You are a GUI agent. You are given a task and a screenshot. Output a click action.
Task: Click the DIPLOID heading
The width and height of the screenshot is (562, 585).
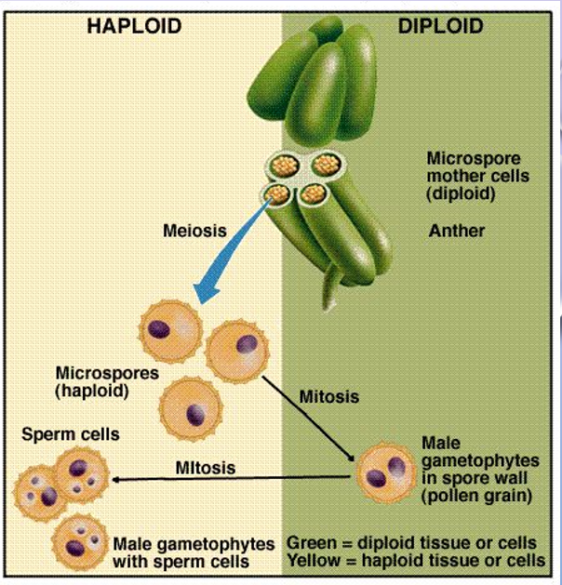pos(440,25)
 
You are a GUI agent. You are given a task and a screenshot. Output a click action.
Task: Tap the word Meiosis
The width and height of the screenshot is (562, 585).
pos(194,231)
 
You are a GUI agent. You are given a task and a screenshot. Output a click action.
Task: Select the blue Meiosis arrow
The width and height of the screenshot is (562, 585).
pos(233,247)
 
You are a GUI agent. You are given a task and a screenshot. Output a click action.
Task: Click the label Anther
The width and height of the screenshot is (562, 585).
pos(456,230)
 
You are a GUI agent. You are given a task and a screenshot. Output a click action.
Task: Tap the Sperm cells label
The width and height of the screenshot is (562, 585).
pos(71,434)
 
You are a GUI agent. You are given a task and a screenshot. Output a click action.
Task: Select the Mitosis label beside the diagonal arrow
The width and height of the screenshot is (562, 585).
pos(328,396)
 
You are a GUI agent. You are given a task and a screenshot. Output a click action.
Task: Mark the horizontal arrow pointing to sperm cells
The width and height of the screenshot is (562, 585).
pos(233,479)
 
